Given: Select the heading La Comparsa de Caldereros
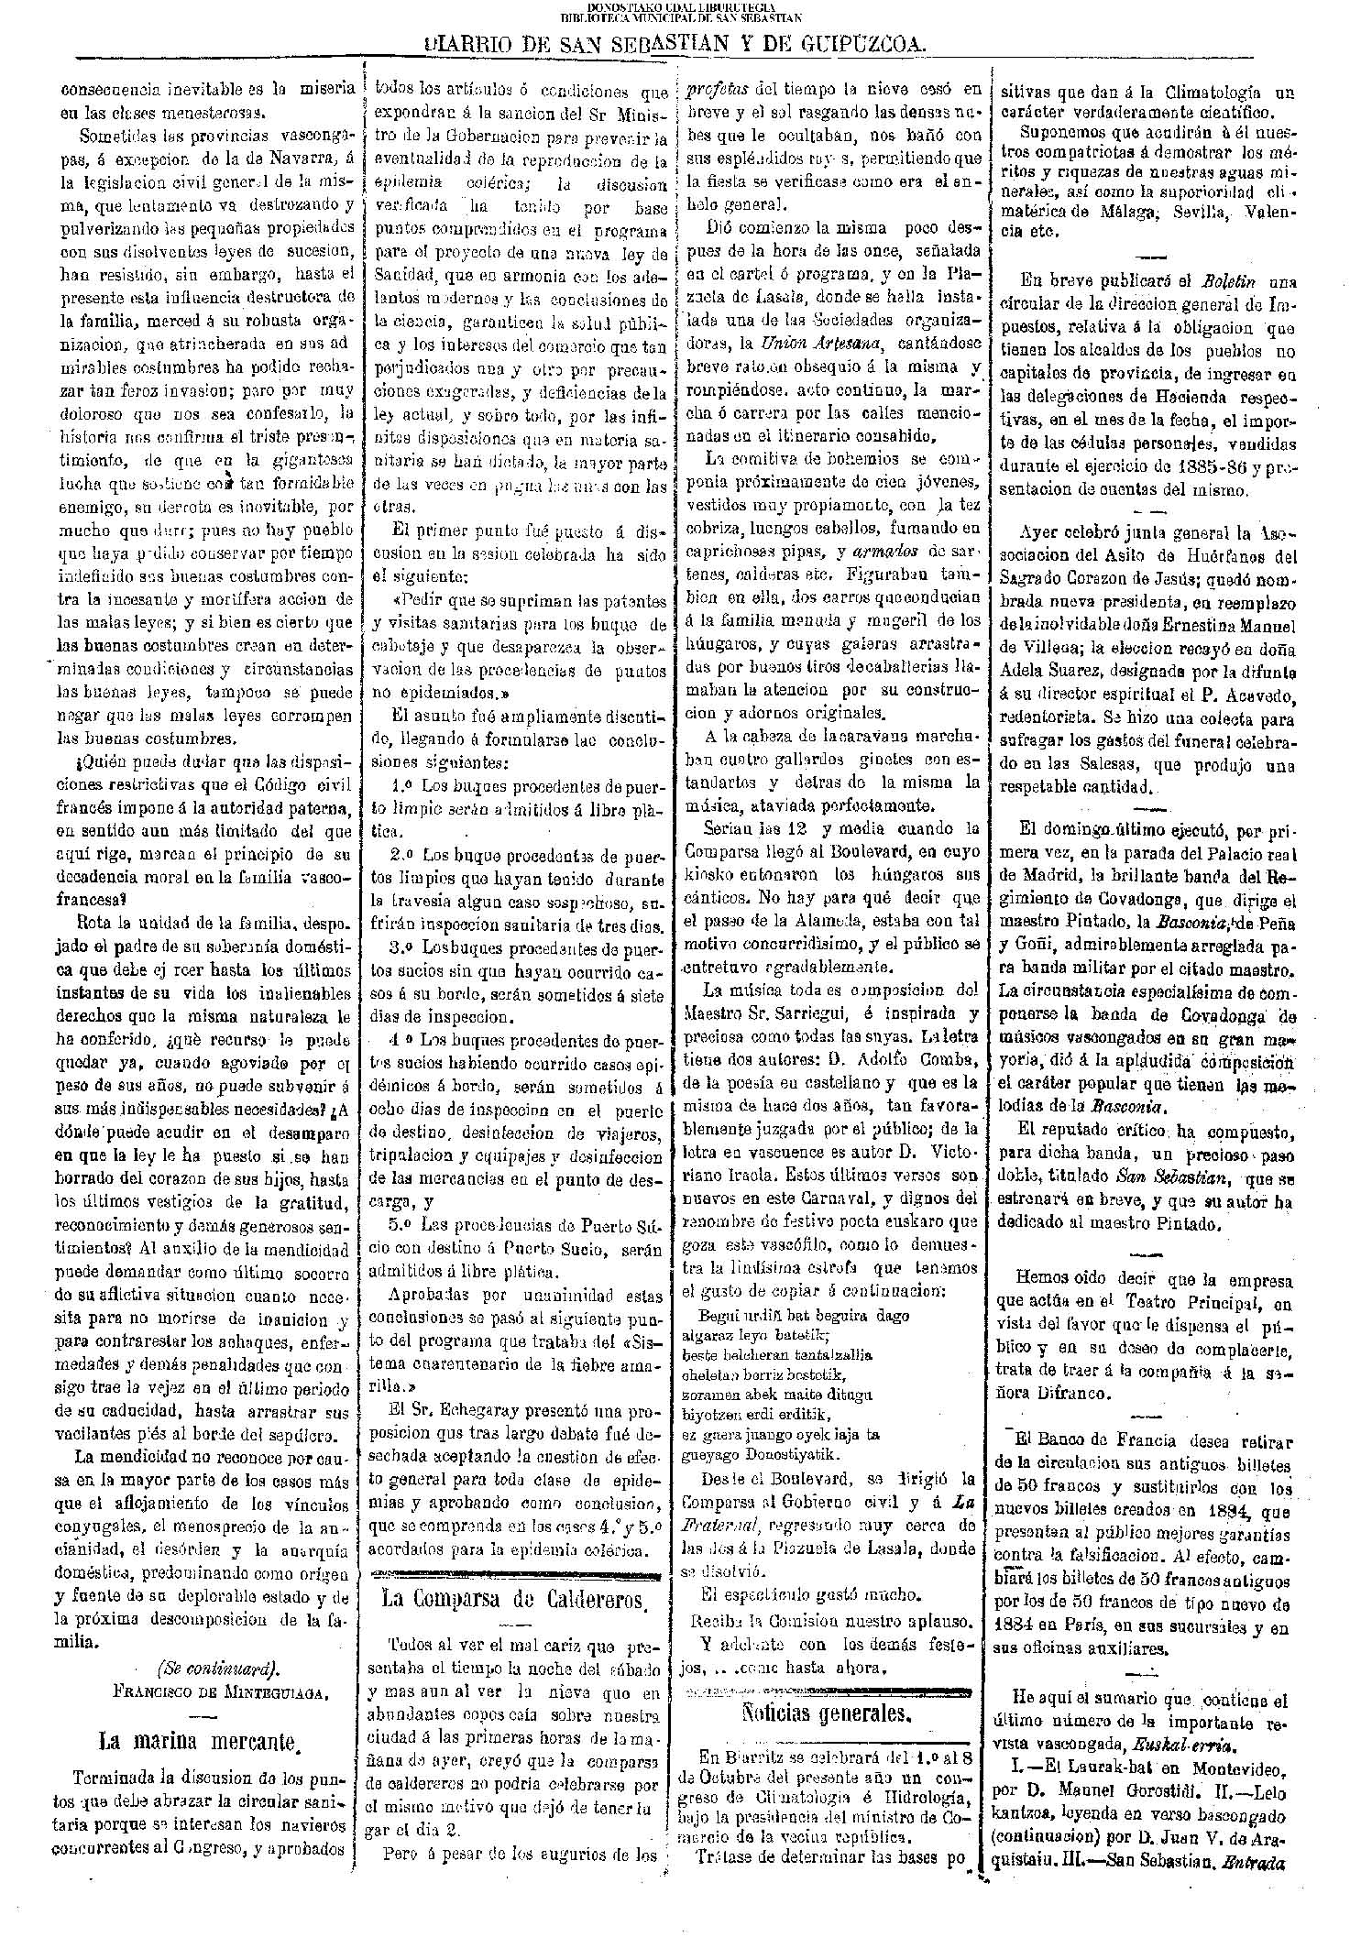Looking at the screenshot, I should point(513,1599).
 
